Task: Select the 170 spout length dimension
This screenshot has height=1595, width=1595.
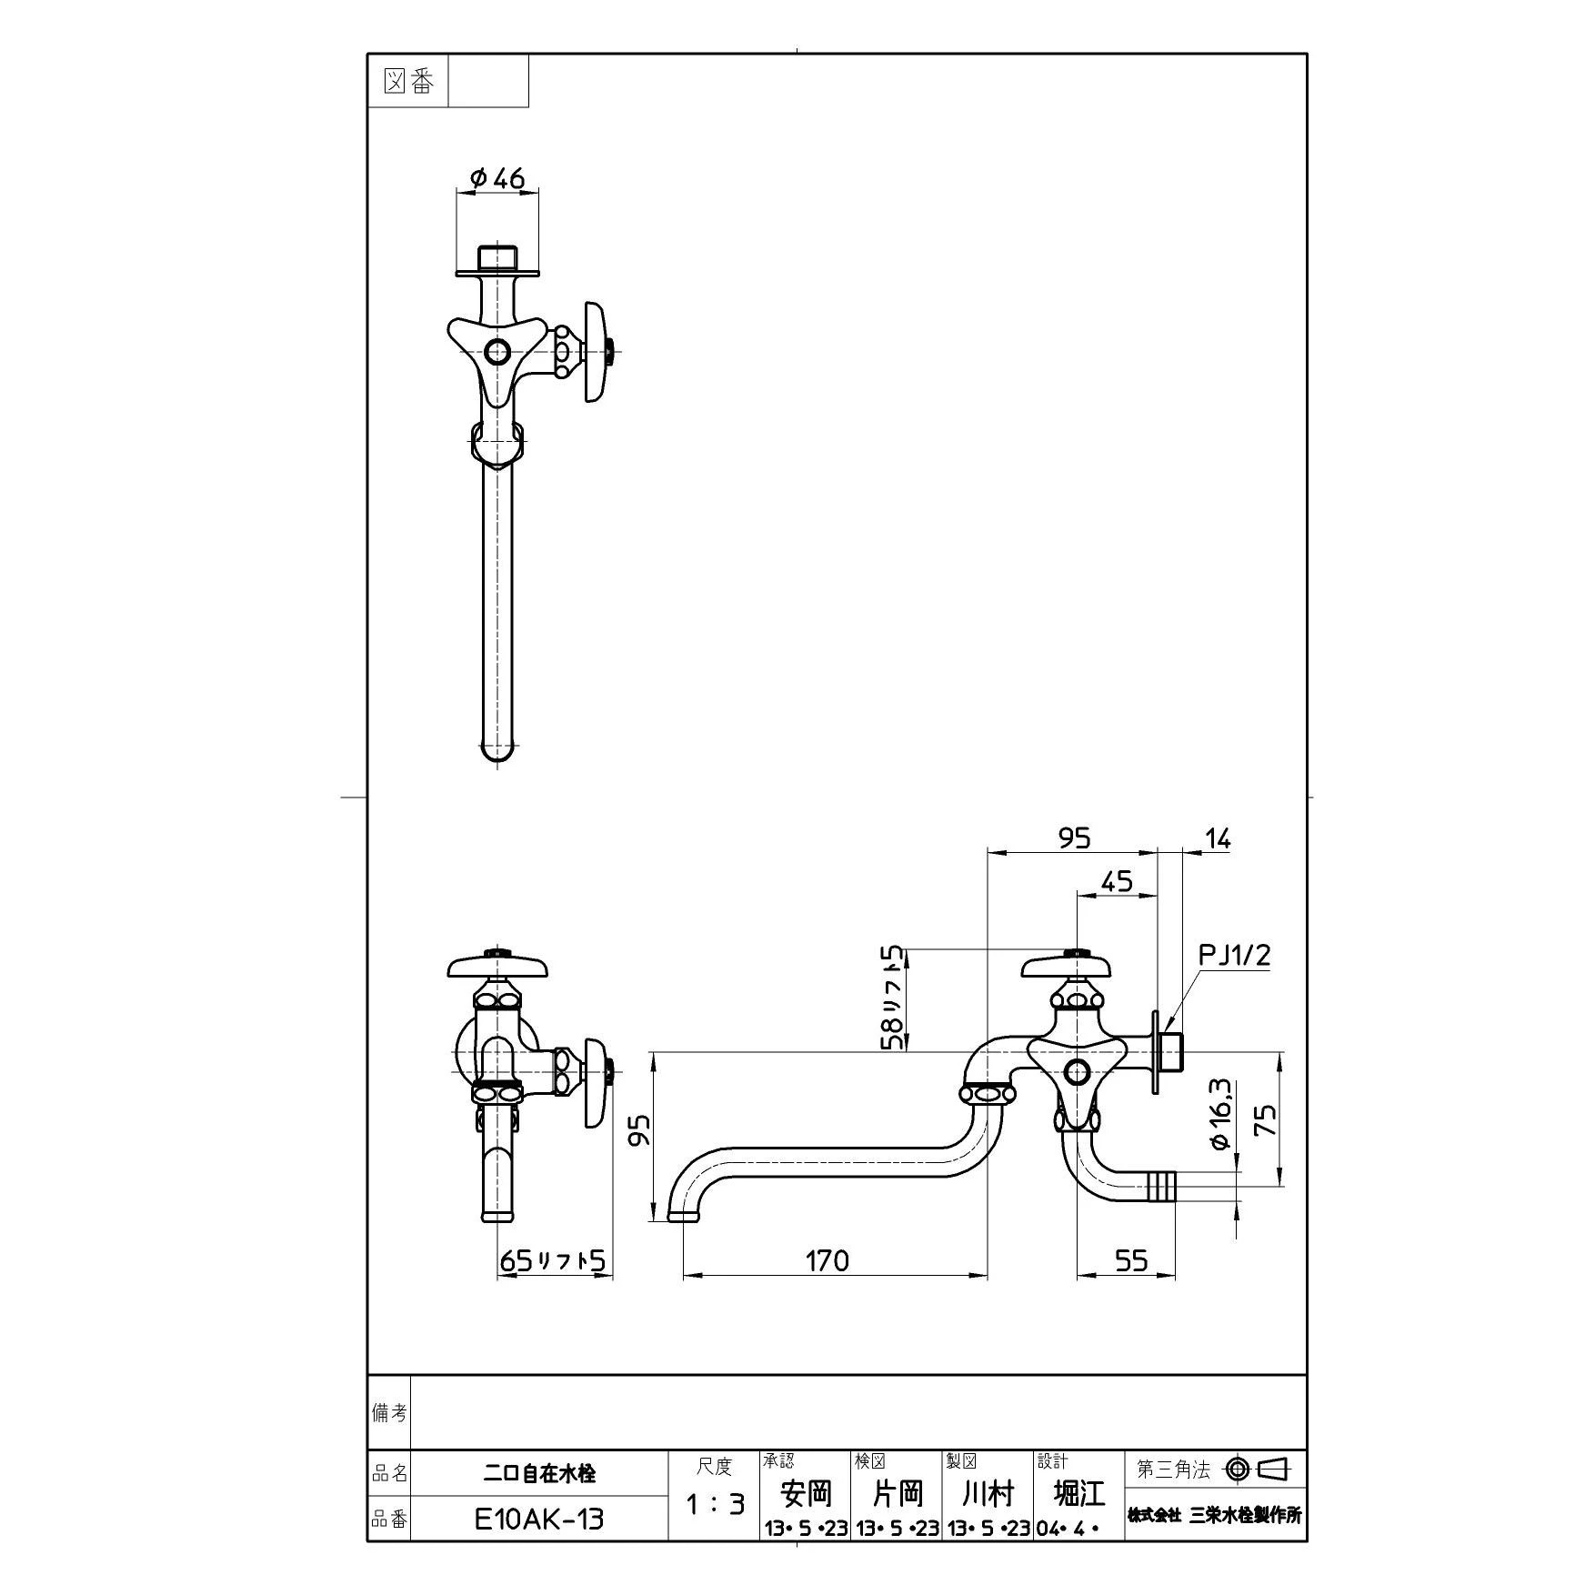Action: coord(828,1259)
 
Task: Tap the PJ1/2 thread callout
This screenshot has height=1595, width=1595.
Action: coord(1234,955)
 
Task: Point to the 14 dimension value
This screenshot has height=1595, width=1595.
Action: coord(1217,838)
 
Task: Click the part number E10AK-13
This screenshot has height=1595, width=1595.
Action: coord(539,1519)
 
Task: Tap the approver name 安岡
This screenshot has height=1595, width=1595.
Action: coord(806,1492)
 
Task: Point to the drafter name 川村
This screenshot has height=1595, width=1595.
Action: coord(988,1492)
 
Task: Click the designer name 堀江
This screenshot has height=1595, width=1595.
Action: coord(1078,1492)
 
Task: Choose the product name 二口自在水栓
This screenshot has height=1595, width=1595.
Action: coord(539,1473)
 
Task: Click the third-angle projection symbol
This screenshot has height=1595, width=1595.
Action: coord(1259,1469)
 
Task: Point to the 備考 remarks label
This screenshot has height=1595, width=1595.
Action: coord(389,1412)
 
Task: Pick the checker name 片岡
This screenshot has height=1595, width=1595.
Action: coord(897,1492)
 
